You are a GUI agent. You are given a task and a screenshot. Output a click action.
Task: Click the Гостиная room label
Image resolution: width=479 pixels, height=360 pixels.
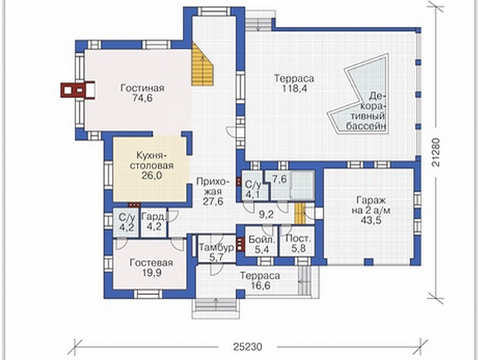[142, 88]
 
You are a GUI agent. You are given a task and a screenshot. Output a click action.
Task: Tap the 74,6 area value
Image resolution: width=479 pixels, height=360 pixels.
[141, 98]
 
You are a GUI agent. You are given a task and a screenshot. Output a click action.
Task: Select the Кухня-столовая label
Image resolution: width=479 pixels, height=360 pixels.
[152, 160]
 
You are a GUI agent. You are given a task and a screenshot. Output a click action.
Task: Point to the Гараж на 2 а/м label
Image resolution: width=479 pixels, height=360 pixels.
[371, 206]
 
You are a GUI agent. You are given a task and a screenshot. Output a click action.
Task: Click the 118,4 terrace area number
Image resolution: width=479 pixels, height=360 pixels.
[294, 88]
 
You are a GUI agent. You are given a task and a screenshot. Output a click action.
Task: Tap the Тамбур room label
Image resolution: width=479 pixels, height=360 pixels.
[216, 247]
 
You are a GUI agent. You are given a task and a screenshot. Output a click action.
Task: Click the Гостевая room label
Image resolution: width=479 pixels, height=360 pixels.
[151, 262]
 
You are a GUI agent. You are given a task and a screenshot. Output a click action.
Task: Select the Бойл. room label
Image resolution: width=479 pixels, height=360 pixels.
[262, 239]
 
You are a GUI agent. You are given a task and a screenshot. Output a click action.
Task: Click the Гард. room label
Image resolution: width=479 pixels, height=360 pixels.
[154, 218]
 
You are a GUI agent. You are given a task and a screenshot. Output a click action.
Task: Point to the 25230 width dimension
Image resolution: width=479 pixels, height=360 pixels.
[248, 347]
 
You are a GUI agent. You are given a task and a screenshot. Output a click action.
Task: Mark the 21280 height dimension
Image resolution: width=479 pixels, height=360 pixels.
[437, 153]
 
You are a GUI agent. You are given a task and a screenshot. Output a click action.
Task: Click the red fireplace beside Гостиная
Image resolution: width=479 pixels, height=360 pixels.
[78, 89]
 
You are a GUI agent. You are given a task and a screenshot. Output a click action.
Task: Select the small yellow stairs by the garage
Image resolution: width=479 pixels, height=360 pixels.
[300, 214]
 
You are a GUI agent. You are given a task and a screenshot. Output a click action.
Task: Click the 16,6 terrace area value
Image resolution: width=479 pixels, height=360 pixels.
[260, 286]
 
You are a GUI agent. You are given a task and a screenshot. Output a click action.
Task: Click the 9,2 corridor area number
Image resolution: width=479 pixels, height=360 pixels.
[267, 215]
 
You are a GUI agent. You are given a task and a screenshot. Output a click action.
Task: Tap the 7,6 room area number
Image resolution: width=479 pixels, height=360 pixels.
[280, 179]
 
